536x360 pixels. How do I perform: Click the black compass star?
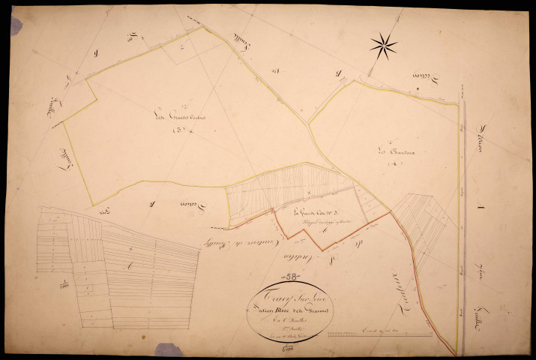[383, 46]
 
